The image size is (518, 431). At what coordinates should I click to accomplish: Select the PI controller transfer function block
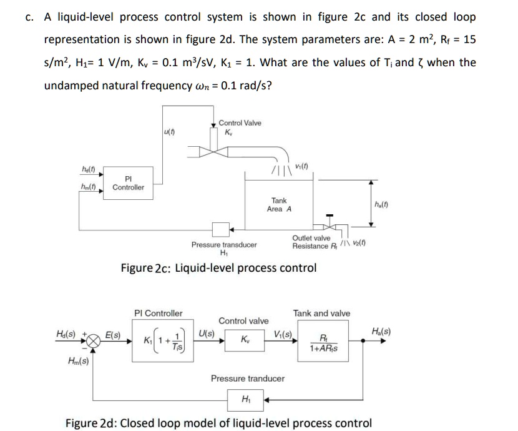click(162, 342)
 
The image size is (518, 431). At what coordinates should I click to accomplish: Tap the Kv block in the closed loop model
click(245, 341)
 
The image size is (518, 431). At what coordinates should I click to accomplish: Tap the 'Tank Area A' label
click(279, 205)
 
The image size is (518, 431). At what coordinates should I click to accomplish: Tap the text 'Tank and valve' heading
click(321, 313)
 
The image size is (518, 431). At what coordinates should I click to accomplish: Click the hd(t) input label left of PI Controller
click(87, 170)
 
